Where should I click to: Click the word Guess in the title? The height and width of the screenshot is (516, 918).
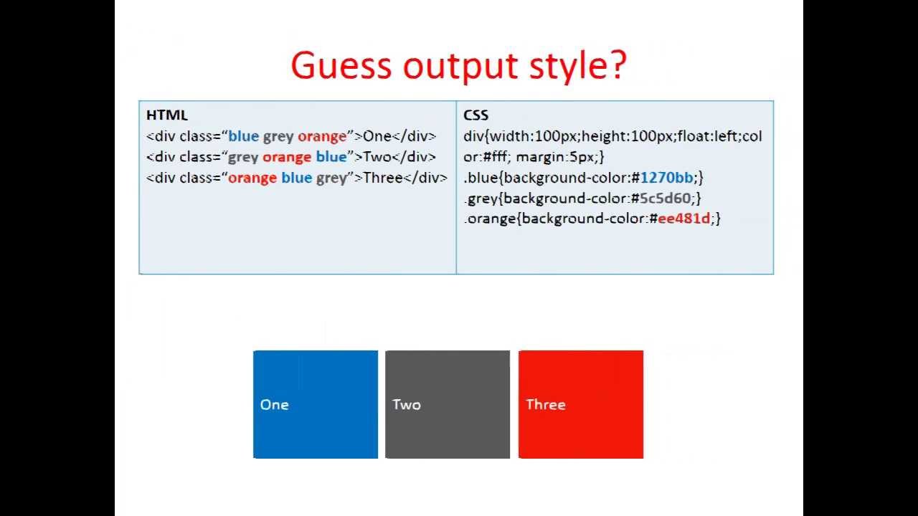point(341,65)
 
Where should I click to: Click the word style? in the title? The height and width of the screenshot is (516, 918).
point(577,67)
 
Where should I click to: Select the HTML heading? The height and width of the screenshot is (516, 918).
point(167,115)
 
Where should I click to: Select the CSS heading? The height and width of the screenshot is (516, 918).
point(475,115)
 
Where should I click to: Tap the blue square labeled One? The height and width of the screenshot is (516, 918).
point(316,404)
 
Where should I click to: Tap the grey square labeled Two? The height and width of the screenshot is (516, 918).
point(448,404)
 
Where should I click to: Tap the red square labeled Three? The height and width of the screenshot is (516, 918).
point(581,404)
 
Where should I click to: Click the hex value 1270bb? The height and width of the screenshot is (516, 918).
point(666,178)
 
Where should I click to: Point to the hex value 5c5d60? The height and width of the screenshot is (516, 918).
point(665,199)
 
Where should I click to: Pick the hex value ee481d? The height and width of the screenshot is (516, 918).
point(683,219)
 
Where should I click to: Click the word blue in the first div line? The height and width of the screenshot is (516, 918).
point(243,136)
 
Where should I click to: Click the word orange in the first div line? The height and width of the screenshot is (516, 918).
point(322,137)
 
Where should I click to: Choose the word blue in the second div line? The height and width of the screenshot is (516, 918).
point(331,157)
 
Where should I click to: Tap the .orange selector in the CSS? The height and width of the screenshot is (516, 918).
point(490,219)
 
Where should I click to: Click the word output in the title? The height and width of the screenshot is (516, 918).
point(460,67)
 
